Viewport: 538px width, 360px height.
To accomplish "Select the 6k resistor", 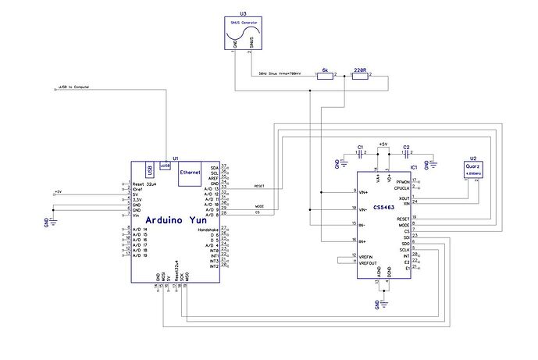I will [324, 75].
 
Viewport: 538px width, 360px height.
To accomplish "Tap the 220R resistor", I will [359, 75].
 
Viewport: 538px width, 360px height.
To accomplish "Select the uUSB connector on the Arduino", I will [165, 166].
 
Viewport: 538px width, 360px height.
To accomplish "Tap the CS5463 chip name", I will [383, 207].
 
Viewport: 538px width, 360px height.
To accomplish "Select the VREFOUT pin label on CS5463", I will [369, 262].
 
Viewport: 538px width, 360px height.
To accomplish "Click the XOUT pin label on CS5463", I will [403, 198].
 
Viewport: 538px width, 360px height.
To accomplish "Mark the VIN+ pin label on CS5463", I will [364, 192].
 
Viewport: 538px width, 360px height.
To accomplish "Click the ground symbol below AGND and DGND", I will [383, 301].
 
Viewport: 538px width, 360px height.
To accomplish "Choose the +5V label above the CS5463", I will [383, 144].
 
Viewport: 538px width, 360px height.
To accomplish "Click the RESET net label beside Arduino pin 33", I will [261, 187].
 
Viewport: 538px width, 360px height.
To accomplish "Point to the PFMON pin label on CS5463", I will [401, 181].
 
